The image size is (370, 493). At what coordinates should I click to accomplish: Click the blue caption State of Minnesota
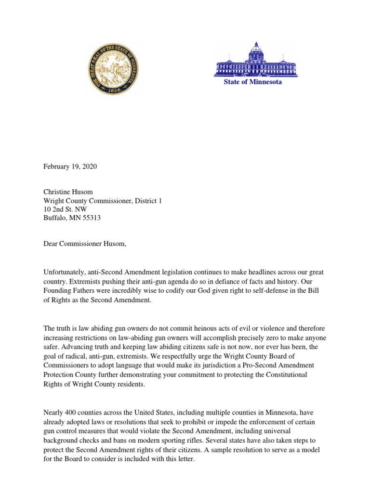(x=252, y=82)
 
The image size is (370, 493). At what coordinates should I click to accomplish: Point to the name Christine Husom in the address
(x=68, y=192)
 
